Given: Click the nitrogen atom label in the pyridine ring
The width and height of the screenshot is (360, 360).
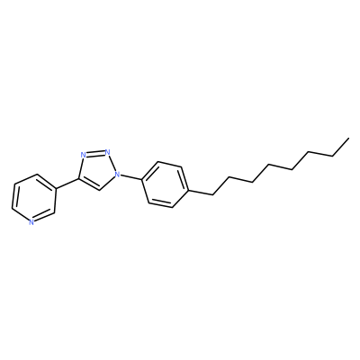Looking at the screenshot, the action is point(31,222).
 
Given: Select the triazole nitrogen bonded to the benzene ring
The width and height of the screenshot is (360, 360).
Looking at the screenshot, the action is point(118,174).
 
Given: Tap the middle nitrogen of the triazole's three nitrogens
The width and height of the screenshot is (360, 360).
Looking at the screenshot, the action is point(107,152).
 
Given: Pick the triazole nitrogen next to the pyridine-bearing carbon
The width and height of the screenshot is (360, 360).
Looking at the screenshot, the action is point(84,155).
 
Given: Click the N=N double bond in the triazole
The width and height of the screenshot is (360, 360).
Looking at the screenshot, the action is point(95,153).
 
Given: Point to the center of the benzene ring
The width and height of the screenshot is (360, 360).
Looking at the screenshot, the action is point(166,185).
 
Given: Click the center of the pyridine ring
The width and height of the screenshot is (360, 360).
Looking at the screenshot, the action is point(34,199).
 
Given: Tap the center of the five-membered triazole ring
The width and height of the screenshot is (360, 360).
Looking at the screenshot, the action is point(97,170).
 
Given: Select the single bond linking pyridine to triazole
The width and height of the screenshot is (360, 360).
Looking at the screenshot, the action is point(67,184).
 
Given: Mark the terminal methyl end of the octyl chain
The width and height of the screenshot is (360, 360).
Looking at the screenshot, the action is point(348,139).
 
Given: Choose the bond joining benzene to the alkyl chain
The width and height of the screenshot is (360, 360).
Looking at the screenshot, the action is point(201,193).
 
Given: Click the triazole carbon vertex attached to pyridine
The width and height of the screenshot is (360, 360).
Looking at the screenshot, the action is point(79,179).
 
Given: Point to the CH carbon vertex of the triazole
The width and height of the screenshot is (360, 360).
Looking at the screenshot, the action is point(100,191).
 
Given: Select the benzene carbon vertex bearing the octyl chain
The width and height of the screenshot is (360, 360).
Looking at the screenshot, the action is point(189,191).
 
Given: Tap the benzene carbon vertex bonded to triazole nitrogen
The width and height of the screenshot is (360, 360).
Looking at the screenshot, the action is point(141,180).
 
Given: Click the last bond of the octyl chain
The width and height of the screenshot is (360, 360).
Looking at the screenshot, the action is point(340,148).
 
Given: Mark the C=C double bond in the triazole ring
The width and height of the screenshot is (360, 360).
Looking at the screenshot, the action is point(89,184).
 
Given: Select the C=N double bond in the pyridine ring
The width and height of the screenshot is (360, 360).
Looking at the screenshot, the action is point(44,217).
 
